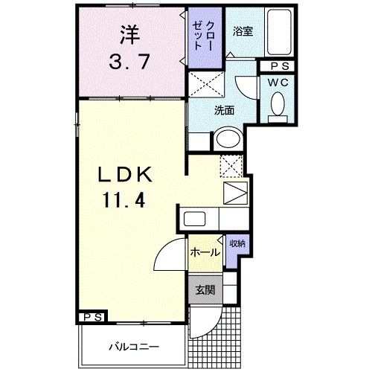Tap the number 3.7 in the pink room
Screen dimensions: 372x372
click(129, 62)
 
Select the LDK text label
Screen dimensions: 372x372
click(125, 174)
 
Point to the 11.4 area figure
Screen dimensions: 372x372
click(124, 200)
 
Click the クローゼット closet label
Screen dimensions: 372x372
click(203, 36)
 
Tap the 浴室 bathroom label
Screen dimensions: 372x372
click(243, 31)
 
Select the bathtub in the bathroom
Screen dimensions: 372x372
click(279, 32)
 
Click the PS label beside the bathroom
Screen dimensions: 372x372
click(280, 66)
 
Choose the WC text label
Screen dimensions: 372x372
click(278, 83)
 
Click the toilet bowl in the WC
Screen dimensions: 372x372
click(278, 103)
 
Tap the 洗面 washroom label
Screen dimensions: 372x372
click(224, 111)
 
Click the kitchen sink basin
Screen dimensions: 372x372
click(194, 219)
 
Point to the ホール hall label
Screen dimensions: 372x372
click(205, 252)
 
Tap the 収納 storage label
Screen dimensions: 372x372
click(237, 244)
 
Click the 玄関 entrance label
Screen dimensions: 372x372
click(205, 289)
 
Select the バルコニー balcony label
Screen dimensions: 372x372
click(134, 347)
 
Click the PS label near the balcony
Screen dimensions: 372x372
click(93, 317)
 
